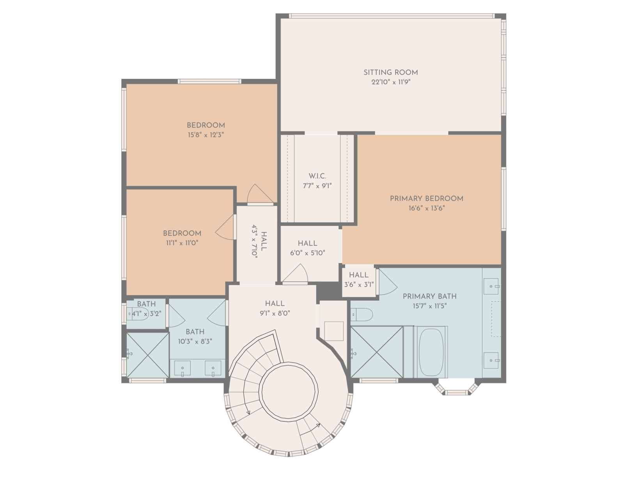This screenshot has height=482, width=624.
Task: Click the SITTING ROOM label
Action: tap(390, 73)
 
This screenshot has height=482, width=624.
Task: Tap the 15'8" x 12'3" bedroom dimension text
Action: tap(206, 135)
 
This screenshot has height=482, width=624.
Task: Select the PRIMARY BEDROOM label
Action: tap(426, 198)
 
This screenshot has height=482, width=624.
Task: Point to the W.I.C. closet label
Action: tap(317, 176)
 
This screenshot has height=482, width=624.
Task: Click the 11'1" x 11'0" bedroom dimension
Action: tap(182, 243)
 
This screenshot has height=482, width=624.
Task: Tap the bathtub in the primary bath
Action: tap(431, 352)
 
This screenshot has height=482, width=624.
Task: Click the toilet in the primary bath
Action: tap(362, 315)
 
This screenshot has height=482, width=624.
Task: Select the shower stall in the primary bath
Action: tap(377, 352)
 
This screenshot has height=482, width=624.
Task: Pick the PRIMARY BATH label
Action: tap(430, 296)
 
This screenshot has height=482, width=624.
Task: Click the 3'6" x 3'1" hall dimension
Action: tap(359, 285)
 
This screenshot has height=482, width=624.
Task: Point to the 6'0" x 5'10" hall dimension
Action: tap(308, 253)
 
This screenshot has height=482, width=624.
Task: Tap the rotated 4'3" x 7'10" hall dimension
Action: tap(254, 241)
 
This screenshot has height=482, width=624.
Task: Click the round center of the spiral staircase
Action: tap(289, 392)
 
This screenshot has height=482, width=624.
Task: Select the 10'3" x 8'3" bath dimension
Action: tap(195, 341)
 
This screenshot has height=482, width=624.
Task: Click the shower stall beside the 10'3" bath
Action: tap(147, 355)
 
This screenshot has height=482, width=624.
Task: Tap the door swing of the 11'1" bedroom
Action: tap(225, 227)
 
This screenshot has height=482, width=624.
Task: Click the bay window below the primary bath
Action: tap(457, 388)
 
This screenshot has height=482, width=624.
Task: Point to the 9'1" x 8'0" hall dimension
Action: tap(275, 313)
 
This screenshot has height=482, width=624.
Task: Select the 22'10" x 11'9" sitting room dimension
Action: tap(391, 82)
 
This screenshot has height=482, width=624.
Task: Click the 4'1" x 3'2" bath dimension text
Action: tap(147, 314)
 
